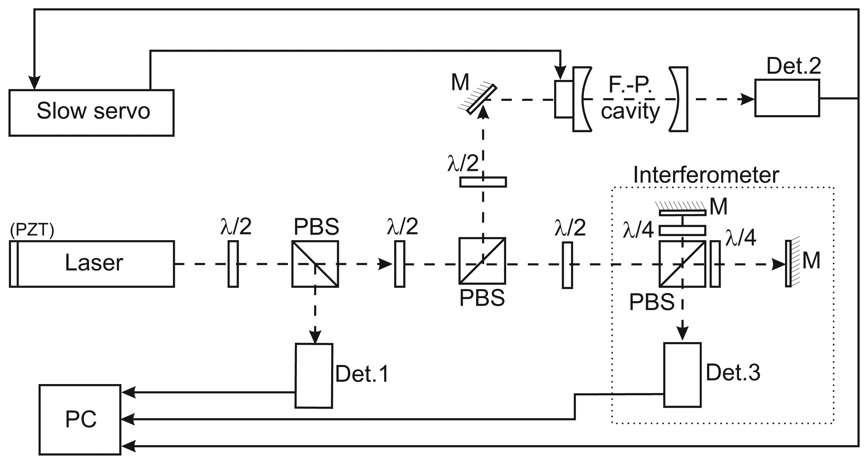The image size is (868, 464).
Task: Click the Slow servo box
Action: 91,113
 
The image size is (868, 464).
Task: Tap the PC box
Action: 80,419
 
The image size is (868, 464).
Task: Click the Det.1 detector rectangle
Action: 314,376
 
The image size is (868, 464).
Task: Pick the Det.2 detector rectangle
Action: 787,98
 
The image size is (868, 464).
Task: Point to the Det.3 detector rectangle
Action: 682,375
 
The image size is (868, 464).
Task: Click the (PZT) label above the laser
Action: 32,231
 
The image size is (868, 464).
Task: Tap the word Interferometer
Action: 706,175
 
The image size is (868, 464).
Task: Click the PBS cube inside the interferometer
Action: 682,264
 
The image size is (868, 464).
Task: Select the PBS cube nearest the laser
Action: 315,264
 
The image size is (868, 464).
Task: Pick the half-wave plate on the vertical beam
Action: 483,182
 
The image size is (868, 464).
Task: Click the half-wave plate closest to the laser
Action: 233,264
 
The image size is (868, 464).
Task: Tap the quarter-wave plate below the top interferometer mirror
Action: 682,231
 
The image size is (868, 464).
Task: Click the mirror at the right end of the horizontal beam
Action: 788,264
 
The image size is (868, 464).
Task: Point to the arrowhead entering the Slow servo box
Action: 34,83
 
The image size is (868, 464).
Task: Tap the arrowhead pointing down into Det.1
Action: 315,337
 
